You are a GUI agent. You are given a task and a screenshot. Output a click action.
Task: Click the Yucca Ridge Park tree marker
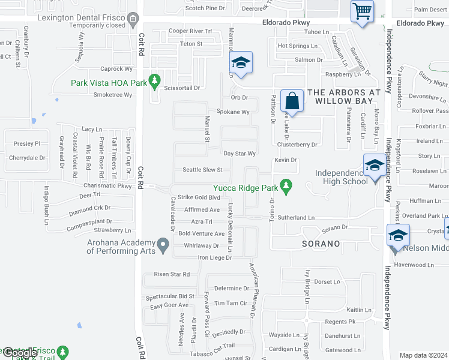point(286,188)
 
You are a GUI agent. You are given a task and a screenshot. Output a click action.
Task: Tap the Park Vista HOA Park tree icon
point(155,80)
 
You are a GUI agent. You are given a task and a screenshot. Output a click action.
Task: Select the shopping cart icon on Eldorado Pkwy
point(362,11)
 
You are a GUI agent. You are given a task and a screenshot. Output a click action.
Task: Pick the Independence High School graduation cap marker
point(374,164)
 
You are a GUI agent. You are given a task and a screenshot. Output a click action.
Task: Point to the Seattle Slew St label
point(202,170)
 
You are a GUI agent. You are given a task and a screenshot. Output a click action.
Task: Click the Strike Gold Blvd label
point(199,197)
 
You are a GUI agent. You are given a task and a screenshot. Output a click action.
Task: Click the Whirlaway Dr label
point(201,245)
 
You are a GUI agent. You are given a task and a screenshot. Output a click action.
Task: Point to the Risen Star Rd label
point(172,274)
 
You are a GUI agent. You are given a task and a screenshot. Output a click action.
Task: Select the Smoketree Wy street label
point(112,94)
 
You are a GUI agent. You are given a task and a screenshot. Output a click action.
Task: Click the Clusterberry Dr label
point(297,145)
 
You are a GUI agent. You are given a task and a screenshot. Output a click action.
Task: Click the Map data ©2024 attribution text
point(423,355)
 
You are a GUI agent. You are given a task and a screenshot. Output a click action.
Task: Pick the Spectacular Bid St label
point(170,296)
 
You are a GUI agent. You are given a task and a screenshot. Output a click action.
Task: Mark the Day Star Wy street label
point(240,154)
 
